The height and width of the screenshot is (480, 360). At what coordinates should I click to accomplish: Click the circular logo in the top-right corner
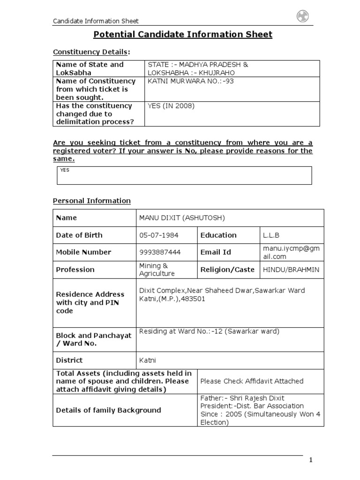point(302,17)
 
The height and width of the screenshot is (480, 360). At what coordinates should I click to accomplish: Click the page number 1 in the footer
point(310,460)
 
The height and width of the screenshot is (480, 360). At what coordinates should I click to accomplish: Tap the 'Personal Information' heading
point(91,201)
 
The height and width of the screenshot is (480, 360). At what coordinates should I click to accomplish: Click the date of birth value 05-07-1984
point(159,235)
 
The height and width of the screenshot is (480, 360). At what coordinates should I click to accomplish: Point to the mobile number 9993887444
point(160,252)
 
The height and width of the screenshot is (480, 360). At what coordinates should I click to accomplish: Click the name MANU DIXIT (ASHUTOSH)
point(182,218)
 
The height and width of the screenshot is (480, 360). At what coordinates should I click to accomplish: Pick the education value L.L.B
point(271,235)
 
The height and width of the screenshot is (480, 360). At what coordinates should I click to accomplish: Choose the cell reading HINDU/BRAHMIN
point(291,270)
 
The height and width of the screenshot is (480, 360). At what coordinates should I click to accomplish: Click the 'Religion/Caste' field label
point(227,270)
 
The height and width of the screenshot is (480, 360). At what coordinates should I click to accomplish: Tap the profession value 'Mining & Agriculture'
point(157,270)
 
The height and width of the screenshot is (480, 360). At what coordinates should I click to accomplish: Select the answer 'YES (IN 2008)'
point(171,106)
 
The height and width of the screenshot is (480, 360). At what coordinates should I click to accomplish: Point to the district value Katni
point(148,360)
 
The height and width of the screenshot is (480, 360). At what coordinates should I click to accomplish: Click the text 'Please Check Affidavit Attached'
point(252,381)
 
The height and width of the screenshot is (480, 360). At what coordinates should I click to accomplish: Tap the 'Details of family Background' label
point(108,410)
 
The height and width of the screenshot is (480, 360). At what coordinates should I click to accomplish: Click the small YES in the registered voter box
point(65,170)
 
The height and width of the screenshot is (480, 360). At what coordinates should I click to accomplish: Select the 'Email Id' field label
point(216,252)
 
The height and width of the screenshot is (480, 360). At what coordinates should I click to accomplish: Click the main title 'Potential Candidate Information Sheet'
point(183,34)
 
